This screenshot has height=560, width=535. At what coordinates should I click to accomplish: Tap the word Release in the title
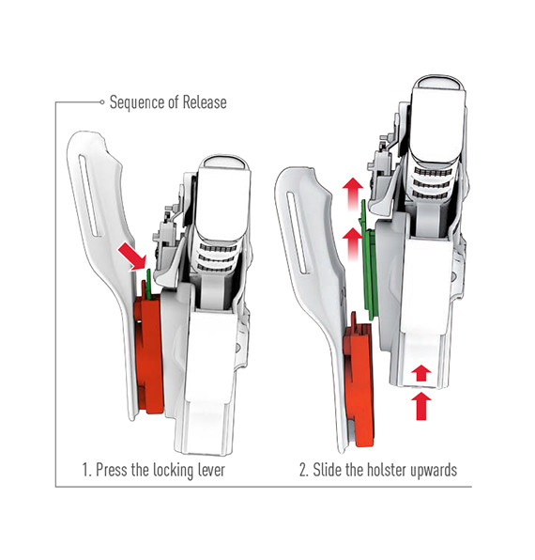tap(205, 102)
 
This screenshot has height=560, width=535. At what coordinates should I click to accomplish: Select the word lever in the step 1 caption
tap(211, 469)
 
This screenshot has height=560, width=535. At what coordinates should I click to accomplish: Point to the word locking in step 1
tap(174, 470)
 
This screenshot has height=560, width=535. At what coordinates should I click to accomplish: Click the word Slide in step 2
tap(328, 470)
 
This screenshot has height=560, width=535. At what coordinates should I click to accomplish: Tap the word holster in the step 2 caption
tap(387, 470)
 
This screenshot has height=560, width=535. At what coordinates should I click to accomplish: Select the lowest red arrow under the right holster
tap(421, 406)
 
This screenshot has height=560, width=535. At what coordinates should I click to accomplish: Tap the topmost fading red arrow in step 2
tap(353, 194)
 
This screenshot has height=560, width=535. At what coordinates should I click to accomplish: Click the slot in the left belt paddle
tap(90, 195)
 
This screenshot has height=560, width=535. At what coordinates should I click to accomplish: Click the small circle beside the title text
tap(102, 102)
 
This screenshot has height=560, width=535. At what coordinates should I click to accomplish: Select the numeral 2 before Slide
tap(303, 470)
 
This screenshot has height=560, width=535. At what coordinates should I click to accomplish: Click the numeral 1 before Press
tap(85, 470)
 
